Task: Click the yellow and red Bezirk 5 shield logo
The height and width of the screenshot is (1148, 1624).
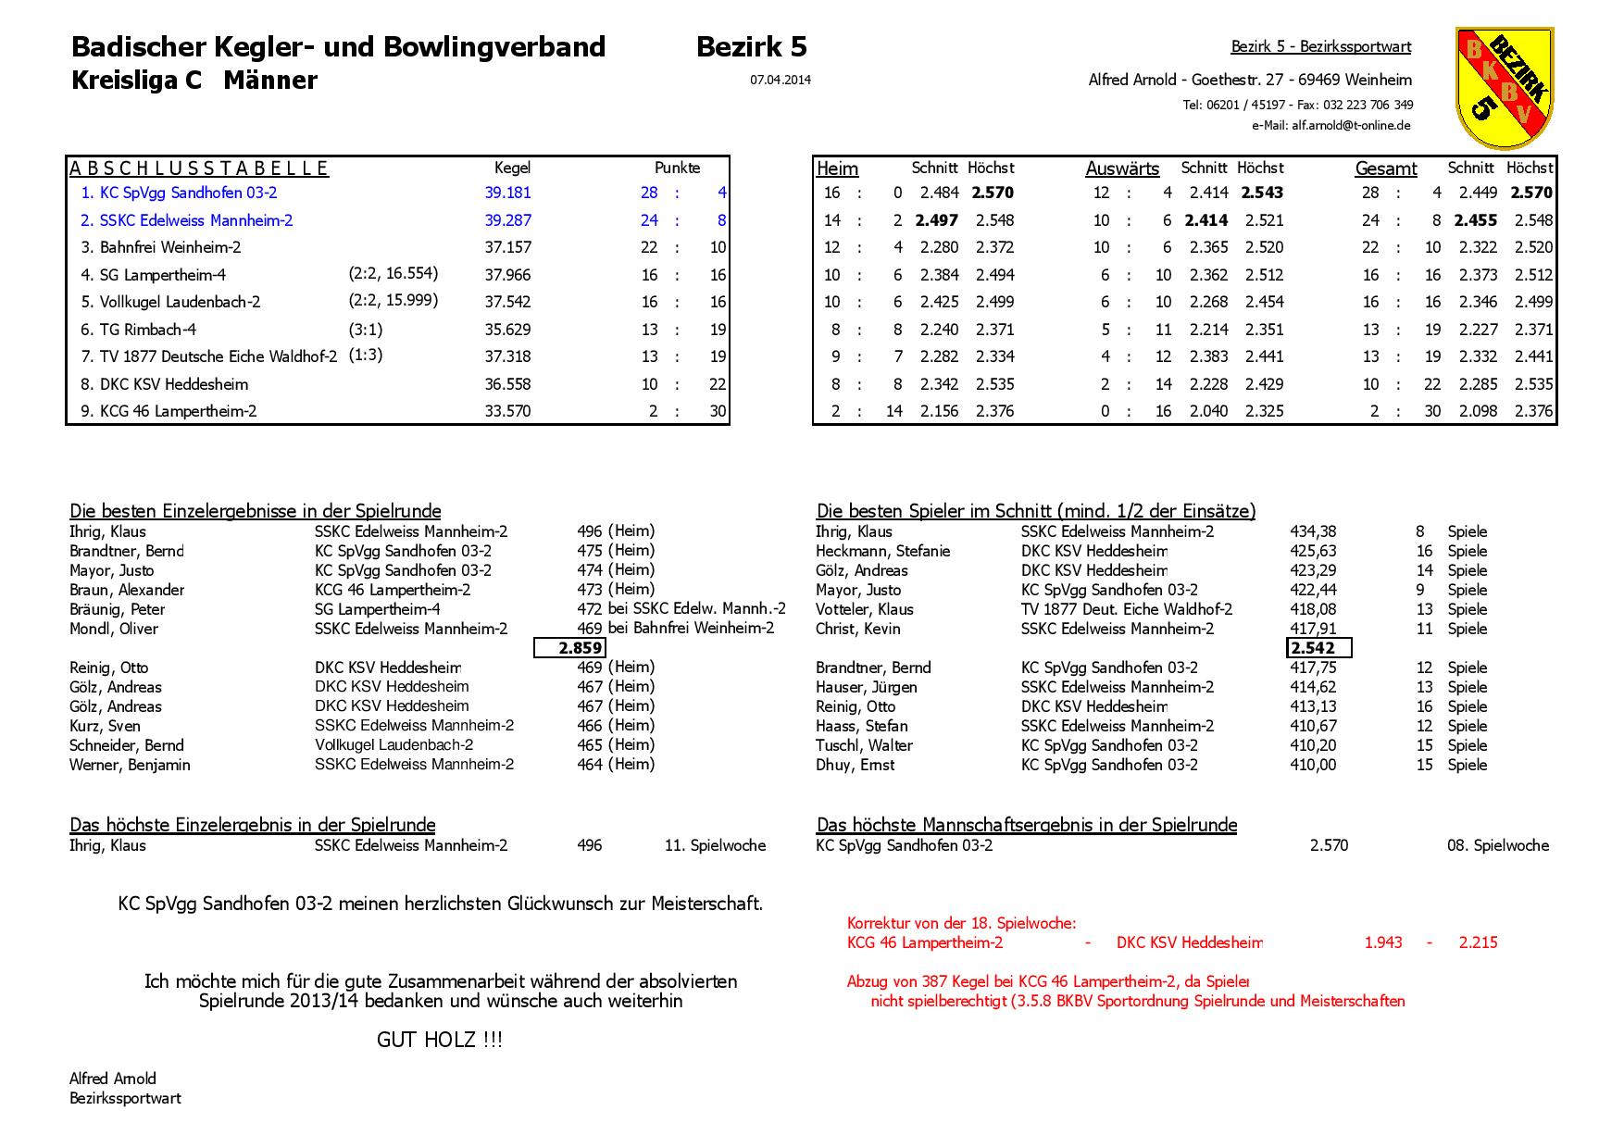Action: click(1503, 87)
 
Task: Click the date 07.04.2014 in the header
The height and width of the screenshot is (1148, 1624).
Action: click(780, 81)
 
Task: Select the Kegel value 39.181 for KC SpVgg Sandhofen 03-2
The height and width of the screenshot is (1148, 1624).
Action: click(507, 193)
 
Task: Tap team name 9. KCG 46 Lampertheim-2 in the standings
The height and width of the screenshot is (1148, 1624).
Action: click(169, 411)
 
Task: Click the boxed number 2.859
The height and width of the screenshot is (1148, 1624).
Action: click(570, 648)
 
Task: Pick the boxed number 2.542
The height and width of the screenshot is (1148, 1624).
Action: click(1318, 648)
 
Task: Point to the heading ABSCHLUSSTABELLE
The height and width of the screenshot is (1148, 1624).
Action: click(199, 168)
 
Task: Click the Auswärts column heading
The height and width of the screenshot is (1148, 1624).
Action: click(1122, 168)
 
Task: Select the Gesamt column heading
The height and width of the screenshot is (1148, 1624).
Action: click(1385, 168)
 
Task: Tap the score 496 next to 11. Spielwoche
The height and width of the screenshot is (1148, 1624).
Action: click(589, 845)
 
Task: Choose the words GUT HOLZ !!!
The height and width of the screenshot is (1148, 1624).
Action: click(439, 1040)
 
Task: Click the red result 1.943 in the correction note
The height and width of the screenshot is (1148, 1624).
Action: click(1383, 942)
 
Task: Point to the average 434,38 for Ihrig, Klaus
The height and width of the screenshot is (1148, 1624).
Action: click(1313, 531)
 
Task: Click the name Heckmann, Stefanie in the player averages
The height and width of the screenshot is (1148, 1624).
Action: click(882, 551)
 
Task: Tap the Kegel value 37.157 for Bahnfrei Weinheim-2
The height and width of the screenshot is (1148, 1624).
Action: click(507, 247)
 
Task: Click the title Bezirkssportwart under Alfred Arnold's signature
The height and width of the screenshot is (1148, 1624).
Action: click(125, 1098)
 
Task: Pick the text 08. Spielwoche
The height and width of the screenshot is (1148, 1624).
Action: click(1497, 845)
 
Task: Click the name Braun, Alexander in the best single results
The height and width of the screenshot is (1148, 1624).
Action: click(127, 590)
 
